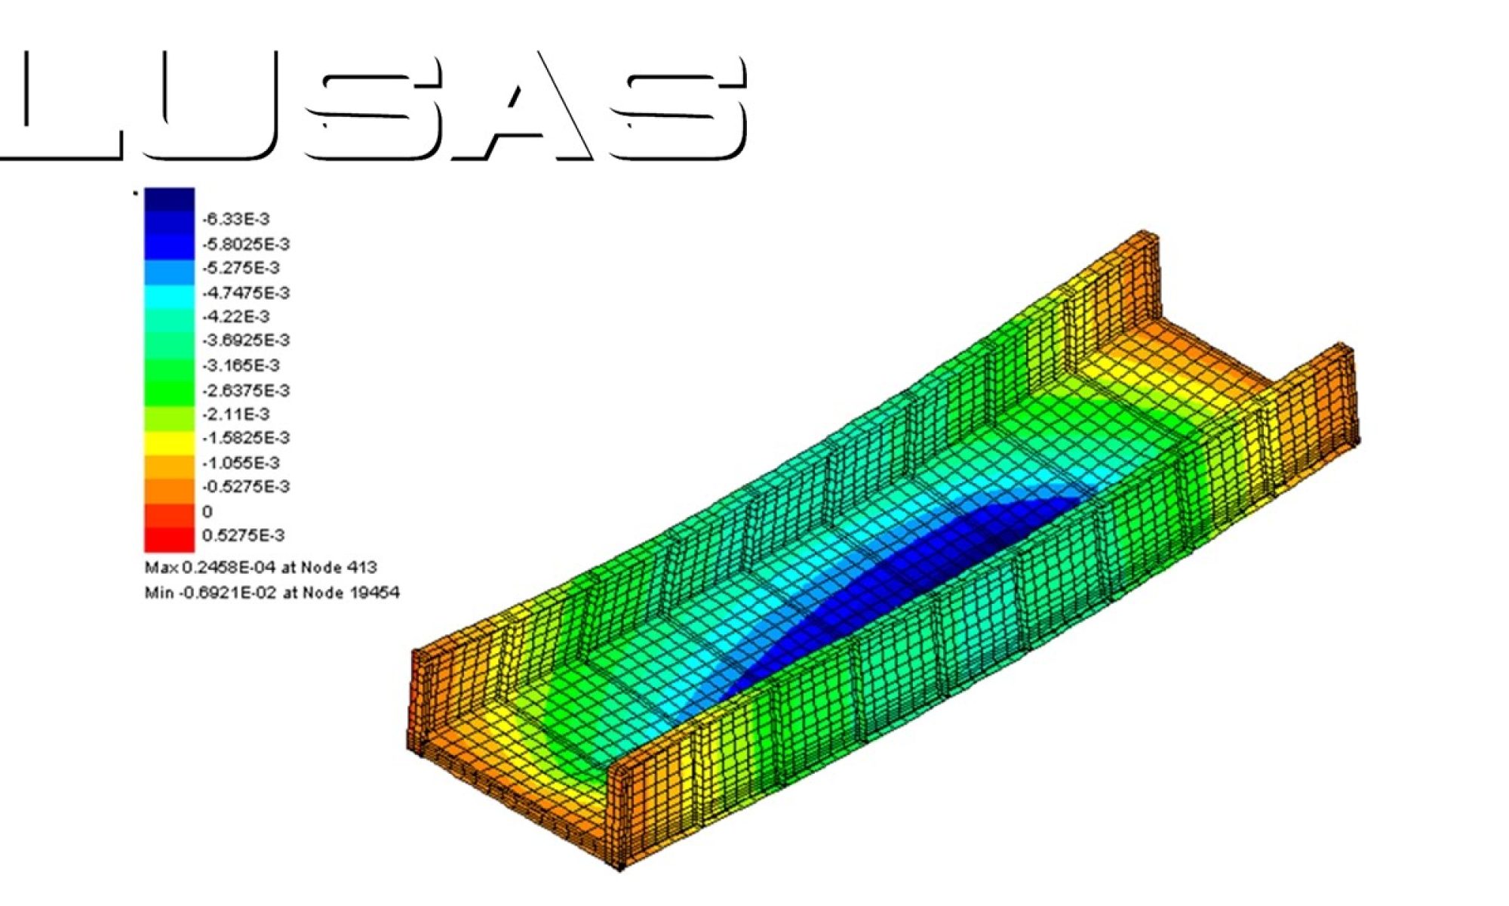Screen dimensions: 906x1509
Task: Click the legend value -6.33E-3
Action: (236, 219)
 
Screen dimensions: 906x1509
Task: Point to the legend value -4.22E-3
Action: (236, 316)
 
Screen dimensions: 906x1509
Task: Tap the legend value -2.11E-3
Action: (236, 414)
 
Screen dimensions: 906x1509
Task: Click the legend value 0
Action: (207, 511)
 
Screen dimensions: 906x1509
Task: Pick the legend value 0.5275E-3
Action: (243, 535)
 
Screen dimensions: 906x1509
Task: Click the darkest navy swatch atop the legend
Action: (169, 199)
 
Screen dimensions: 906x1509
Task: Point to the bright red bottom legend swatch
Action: (169, 539)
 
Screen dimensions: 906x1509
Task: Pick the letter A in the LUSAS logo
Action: (521, 106)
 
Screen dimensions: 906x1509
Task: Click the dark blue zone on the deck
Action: (905, 574)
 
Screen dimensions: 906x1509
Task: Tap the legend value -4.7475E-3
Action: (246, 292)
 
